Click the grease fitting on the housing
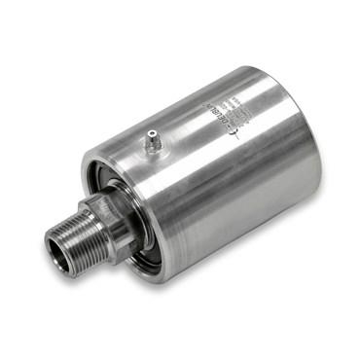pyautogui.click(x=151, y=144)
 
